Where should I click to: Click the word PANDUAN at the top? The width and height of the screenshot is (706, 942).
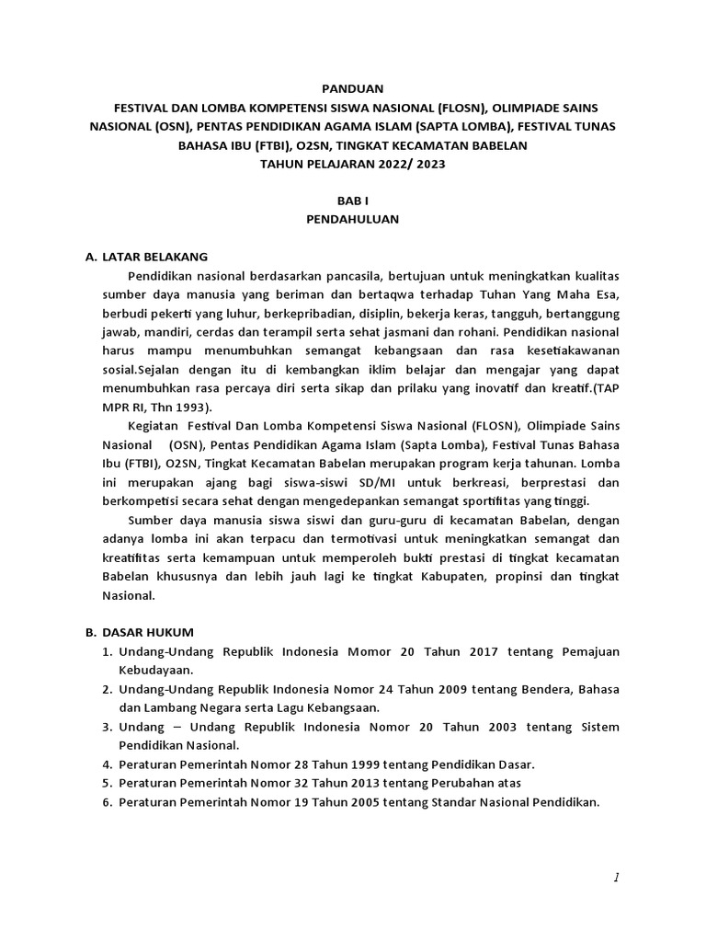pos(352,89)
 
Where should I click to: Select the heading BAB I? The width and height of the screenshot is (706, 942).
pos(352,201)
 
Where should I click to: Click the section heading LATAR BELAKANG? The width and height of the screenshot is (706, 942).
pos(155,257)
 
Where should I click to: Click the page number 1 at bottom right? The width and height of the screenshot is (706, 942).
pos(616,879)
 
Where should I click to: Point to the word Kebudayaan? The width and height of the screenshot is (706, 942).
pos(155,671)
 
